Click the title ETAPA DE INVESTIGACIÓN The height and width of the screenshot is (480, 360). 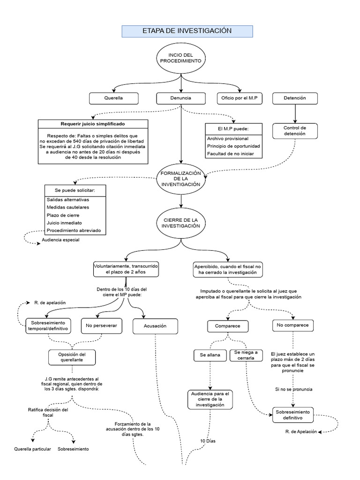coord(187,31)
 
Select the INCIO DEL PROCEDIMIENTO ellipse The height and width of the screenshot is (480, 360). coord(181,59)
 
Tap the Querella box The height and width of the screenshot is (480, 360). coord(114,98)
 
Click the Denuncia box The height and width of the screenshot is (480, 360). coord(180,98)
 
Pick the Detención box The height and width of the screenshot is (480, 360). coord(295,98)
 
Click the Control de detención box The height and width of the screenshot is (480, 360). coord(295,131)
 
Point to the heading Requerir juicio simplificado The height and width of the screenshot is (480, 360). coord(93,125)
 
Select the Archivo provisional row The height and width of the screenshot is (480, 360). coord(228,138)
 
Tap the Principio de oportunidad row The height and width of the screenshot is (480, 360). coord(233,146)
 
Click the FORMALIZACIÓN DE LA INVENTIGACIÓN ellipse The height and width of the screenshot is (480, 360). coord(181,179)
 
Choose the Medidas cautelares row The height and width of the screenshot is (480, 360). coord(68,207)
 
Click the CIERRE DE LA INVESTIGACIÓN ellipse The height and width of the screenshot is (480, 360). coord(181,223)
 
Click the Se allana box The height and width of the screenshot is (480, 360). coord(210,355)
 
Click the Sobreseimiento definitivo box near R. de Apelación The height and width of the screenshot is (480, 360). coord(293,414)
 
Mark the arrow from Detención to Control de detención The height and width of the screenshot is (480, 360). coord(295,113)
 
